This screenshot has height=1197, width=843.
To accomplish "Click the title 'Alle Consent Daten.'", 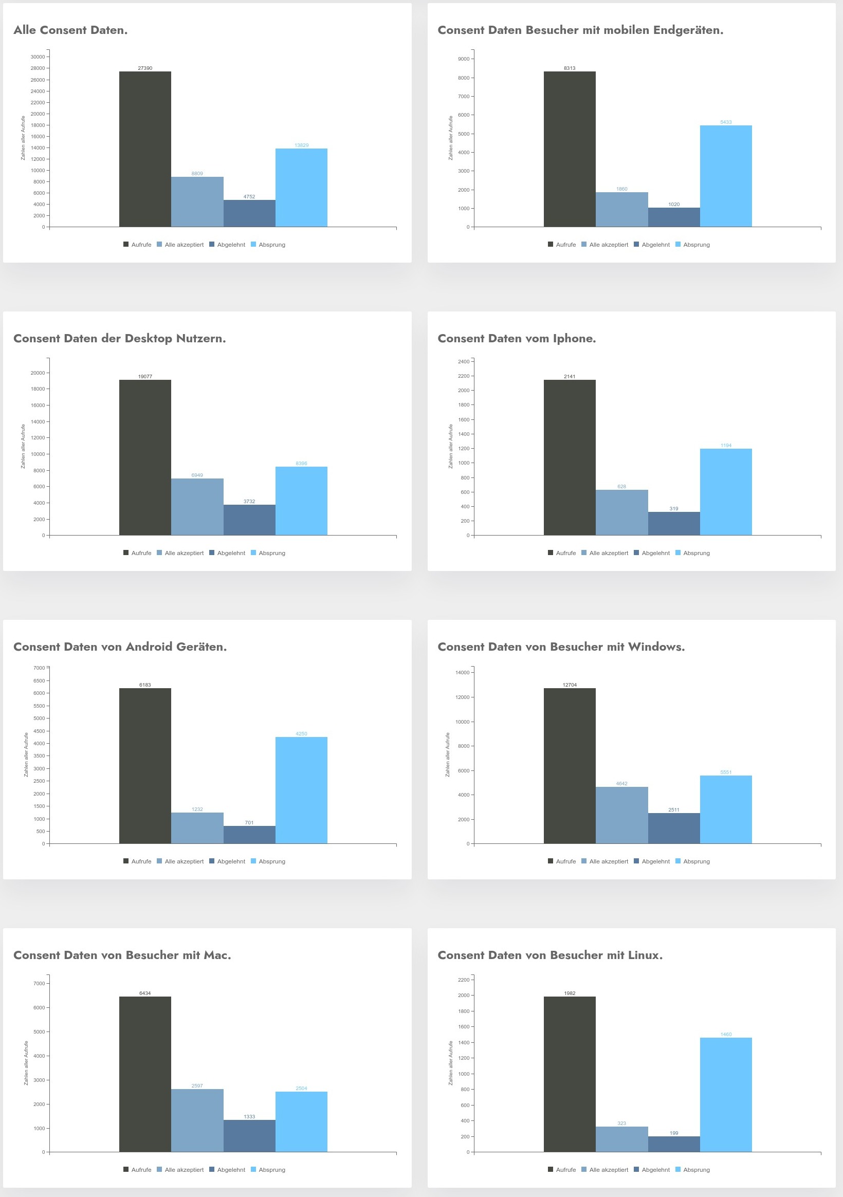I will click(70, 30).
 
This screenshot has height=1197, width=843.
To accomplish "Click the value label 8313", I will click(570, 68).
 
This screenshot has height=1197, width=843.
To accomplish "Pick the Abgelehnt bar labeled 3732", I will click(249, 520).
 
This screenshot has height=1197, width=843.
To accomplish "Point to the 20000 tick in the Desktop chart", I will click(38, 373).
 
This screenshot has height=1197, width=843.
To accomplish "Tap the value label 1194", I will click(726, 445).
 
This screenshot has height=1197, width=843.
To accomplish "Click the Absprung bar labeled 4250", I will click(301, 790).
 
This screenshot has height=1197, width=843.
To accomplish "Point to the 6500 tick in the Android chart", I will click(39, 680).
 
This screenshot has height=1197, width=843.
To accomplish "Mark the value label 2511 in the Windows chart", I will click(673, 809).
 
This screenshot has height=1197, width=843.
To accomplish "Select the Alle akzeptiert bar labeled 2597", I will click(197, 1120).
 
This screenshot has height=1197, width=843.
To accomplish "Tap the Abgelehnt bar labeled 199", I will click(673, 1144).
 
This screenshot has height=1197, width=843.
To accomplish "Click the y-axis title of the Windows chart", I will click(447, 754).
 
